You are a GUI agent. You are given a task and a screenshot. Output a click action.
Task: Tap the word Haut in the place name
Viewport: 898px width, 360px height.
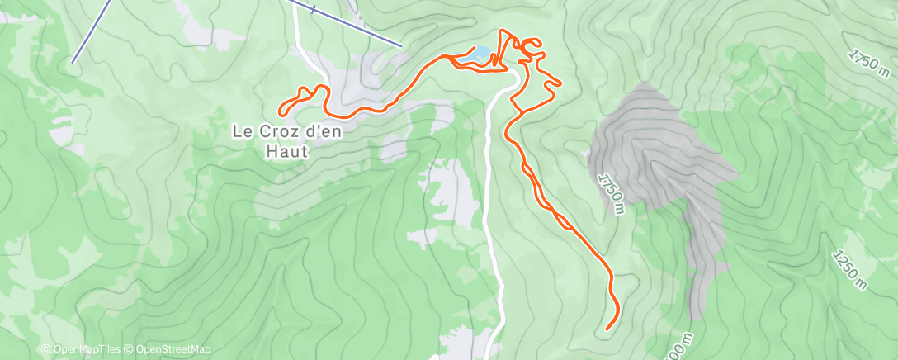(x=286, y=151)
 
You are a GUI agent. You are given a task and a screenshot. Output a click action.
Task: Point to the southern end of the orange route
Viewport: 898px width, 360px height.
(x=607, y=329)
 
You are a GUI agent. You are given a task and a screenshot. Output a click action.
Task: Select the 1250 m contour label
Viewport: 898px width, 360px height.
(x=851, y=271)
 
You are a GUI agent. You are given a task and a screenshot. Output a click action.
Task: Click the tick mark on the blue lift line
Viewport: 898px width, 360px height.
(x=314, y=10)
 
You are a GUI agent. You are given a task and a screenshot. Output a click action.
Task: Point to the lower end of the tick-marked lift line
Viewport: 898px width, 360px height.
(x=401, y=45)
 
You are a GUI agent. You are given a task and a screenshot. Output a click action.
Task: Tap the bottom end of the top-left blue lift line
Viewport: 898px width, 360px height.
(x=73, y=61)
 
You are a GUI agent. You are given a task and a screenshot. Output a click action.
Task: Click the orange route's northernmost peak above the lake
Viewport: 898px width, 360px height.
(x=501, y=31)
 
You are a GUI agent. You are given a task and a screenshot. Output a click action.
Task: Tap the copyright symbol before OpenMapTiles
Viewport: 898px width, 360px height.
(x=45, y=350)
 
